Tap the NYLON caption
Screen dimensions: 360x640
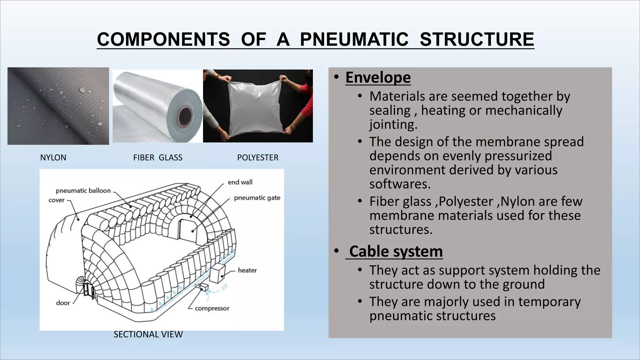(x=53, y=157)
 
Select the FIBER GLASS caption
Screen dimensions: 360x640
(x=157, y=157)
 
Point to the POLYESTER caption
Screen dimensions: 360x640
(x=257, y=157)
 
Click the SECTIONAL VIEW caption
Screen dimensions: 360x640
(x=148, y=334)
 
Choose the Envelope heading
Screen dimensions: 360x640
(x=378, y=77)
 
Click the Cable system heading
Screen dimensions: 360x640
(x=396, y=251)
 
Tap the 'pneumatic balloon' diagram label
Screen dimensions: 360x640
(x=83, y=191)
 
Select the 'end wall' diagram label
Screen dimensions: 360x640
(x=240, y=182)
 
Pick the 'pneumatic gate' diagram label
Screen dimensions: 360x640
(x=257, y=198)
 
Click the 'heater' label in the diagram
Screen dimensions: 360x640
(x=247, y=270)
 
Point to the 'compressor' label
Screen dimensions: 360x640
(x=212, y=308)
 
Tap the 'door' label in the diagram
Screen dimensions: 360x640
(x=63, y=303)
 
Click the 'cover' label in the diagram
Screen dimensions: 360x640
(x=57, y=200)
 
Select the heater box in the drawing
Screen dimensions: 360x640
(x=217, y=274)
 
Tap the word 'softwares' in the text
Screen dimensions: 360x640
(x=400, y=184)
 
